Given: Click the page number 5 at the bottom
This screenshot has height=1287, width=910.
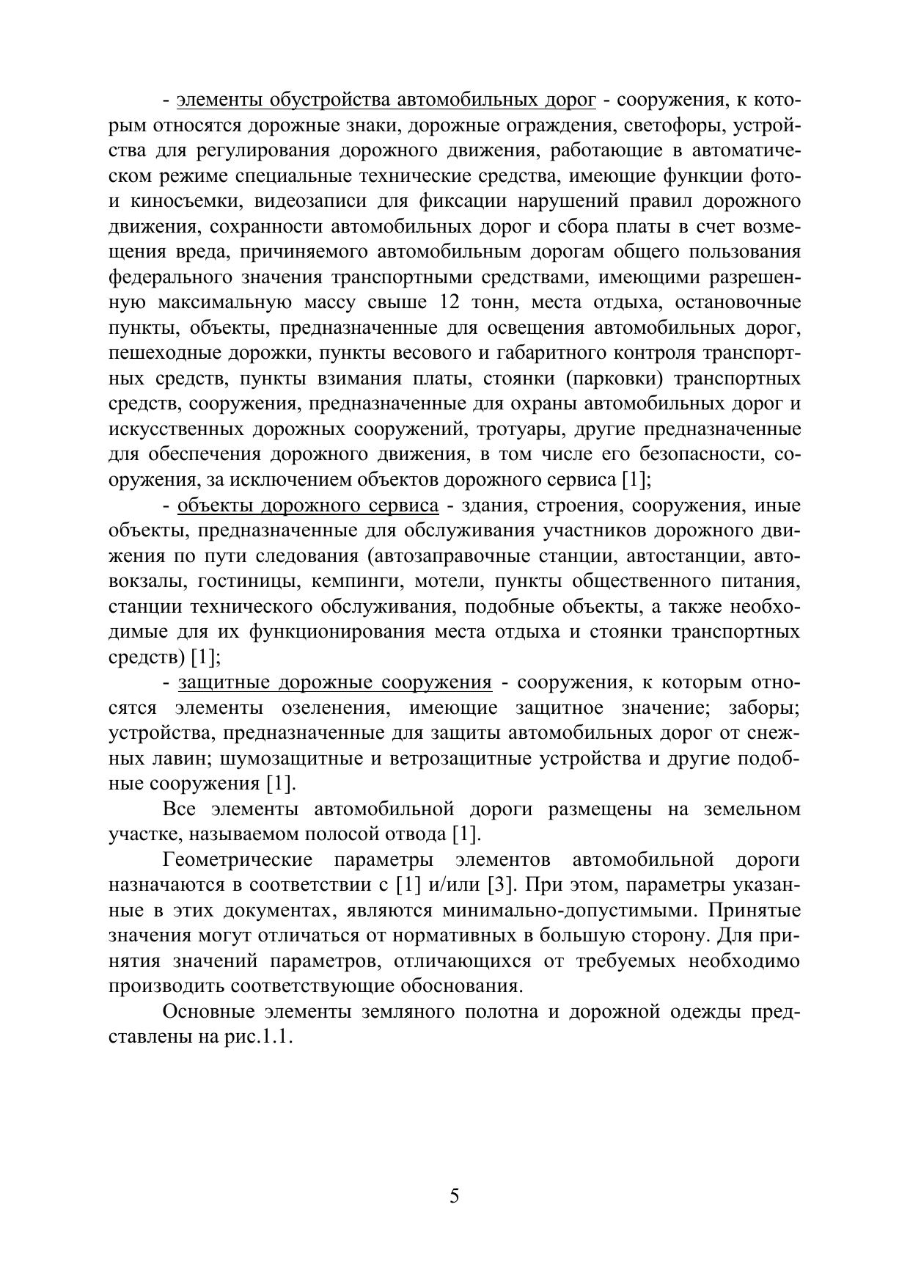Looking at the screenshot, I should coord(454,1197).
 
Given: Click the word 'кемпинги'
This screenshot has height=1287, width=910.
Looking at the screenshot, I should coord(356,582).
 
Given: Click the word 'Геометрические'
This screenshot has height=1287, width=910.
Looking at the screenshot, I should coord(238,860).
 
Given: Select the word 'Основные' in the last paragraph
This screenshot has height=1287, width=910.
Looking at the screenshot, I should coord(209,1013).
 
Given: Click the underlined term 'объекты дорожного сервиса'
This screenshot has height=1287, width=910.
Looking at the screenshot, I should coord(308,506).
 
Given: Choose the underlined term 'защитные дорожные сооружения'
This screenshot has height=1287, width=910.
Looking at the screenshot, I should coord(334,683).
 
